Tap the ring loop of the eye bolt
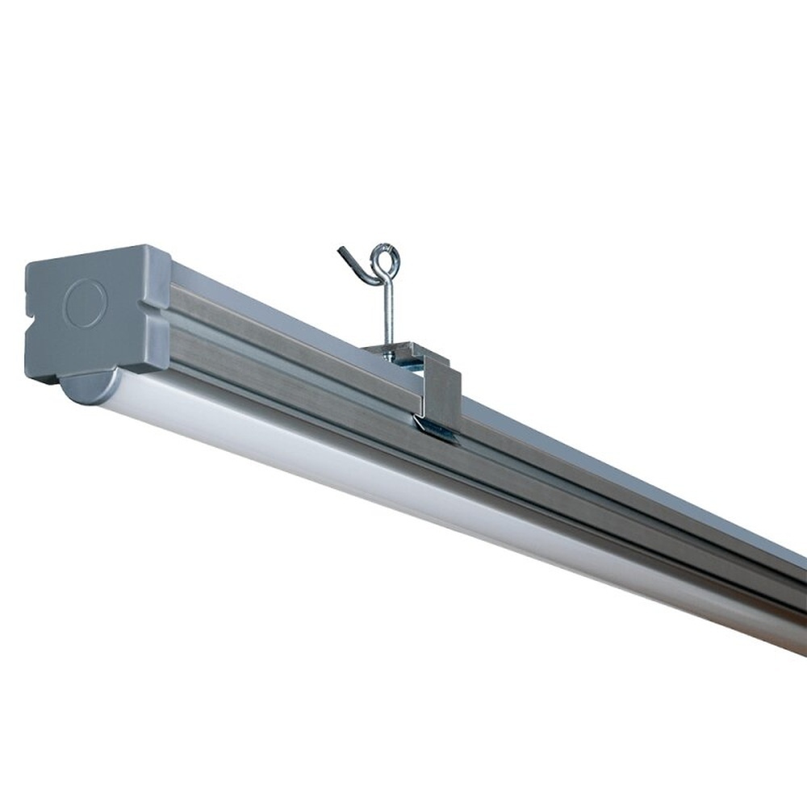384,261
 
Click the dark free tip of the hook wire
342,252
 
